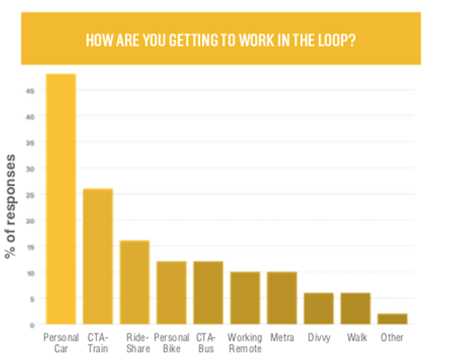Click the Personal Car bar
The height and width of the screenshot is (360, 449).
61,199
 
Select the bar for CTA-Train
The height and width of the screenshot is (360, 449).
98,257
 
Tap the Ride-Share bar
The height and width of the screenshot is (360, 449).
135,282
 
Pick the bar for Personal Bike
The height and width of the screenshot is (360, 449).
171,293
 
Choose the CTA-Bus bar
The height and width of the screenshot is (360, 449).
208,293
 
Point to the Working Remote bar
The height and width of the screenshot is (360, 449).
245,298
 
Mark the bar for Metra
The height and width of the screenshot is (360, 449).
282,298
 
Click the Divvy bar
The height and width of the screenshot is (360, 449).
319,309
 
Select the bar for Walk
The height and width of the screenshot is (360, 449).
356,309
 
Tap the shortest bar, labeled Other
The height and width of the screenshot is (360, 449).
392,319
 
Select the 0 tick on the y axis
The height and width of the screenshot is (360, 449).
32,325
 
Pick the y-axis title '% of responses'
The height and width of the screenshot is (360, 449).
11,206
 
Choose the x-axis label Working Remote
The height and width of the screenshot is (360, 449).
245,343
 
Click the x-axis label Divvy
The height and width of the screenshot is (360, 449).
319,338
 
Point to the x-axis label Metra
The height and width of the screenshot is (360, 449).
282,338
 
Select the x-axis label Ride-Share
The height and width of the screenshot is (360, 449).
138,343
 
